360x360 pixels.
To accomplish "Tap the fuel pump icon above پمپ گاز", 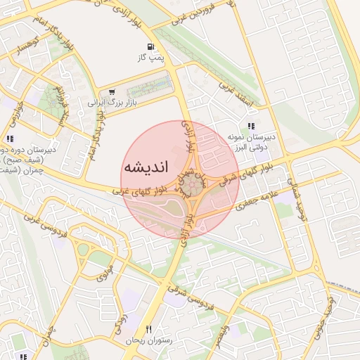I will tap(150, 48).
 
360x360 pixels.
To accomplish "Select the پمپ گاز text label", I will tap(150, 58).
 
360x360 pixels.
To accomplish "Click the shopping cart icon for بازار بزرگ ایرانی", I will tap(112, 91).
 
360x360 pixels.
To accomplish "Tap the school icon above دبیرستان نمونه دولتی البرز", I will tap(251, 126).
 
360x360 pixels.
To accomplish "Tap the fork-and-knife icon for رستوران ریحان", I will tap(148, 329).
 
